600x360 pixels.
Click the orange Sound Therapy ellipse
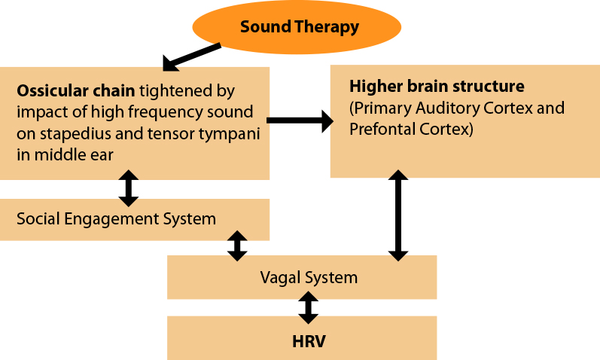[299, 27]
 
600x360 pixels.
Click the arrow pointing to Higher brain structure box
[300, 120]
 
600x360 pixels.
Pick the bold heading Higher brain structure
[437, 85]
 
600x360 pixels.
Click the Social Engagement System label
[116, 219]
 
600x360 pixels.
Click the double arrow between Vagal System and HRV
[307, 307]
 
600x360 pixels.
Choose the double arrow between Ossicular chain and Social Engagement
[129, 188]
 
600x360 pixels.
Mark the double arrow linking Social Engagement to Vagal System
[237, 246]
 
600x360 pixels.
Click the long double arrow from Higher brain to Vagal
[397, 215]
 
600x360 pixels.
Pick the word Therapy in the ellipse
[327, 27]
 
